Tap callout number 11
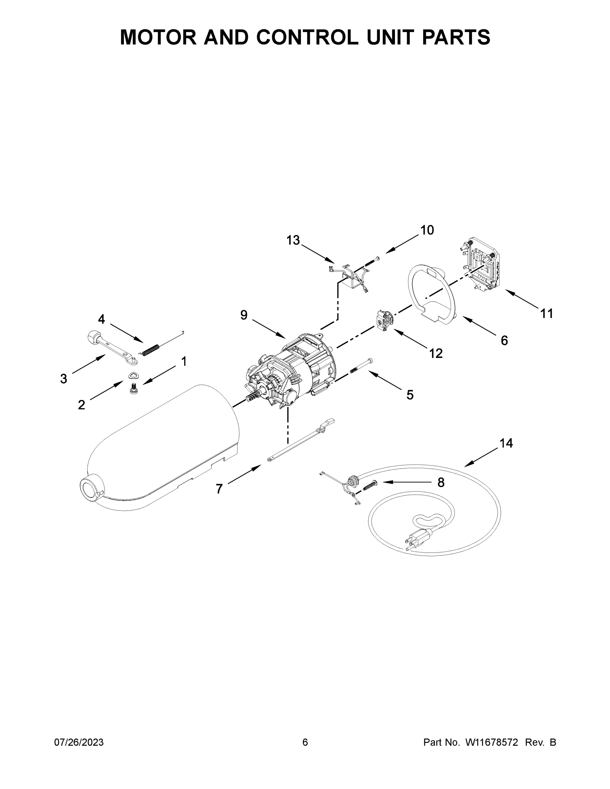point(547,314)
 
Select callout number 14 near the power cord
point(506,443)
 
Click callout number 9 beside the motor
point(244,315)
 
